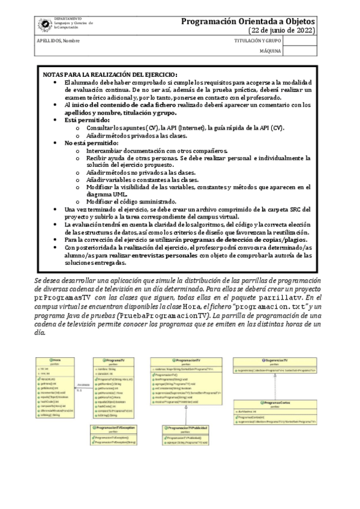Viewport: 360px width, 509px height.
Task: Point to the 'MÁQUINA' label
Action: coord(270,51)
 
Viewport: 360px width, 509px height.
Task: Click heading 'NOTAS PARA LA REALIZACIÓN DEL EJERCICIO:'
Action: coord(109,73)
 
